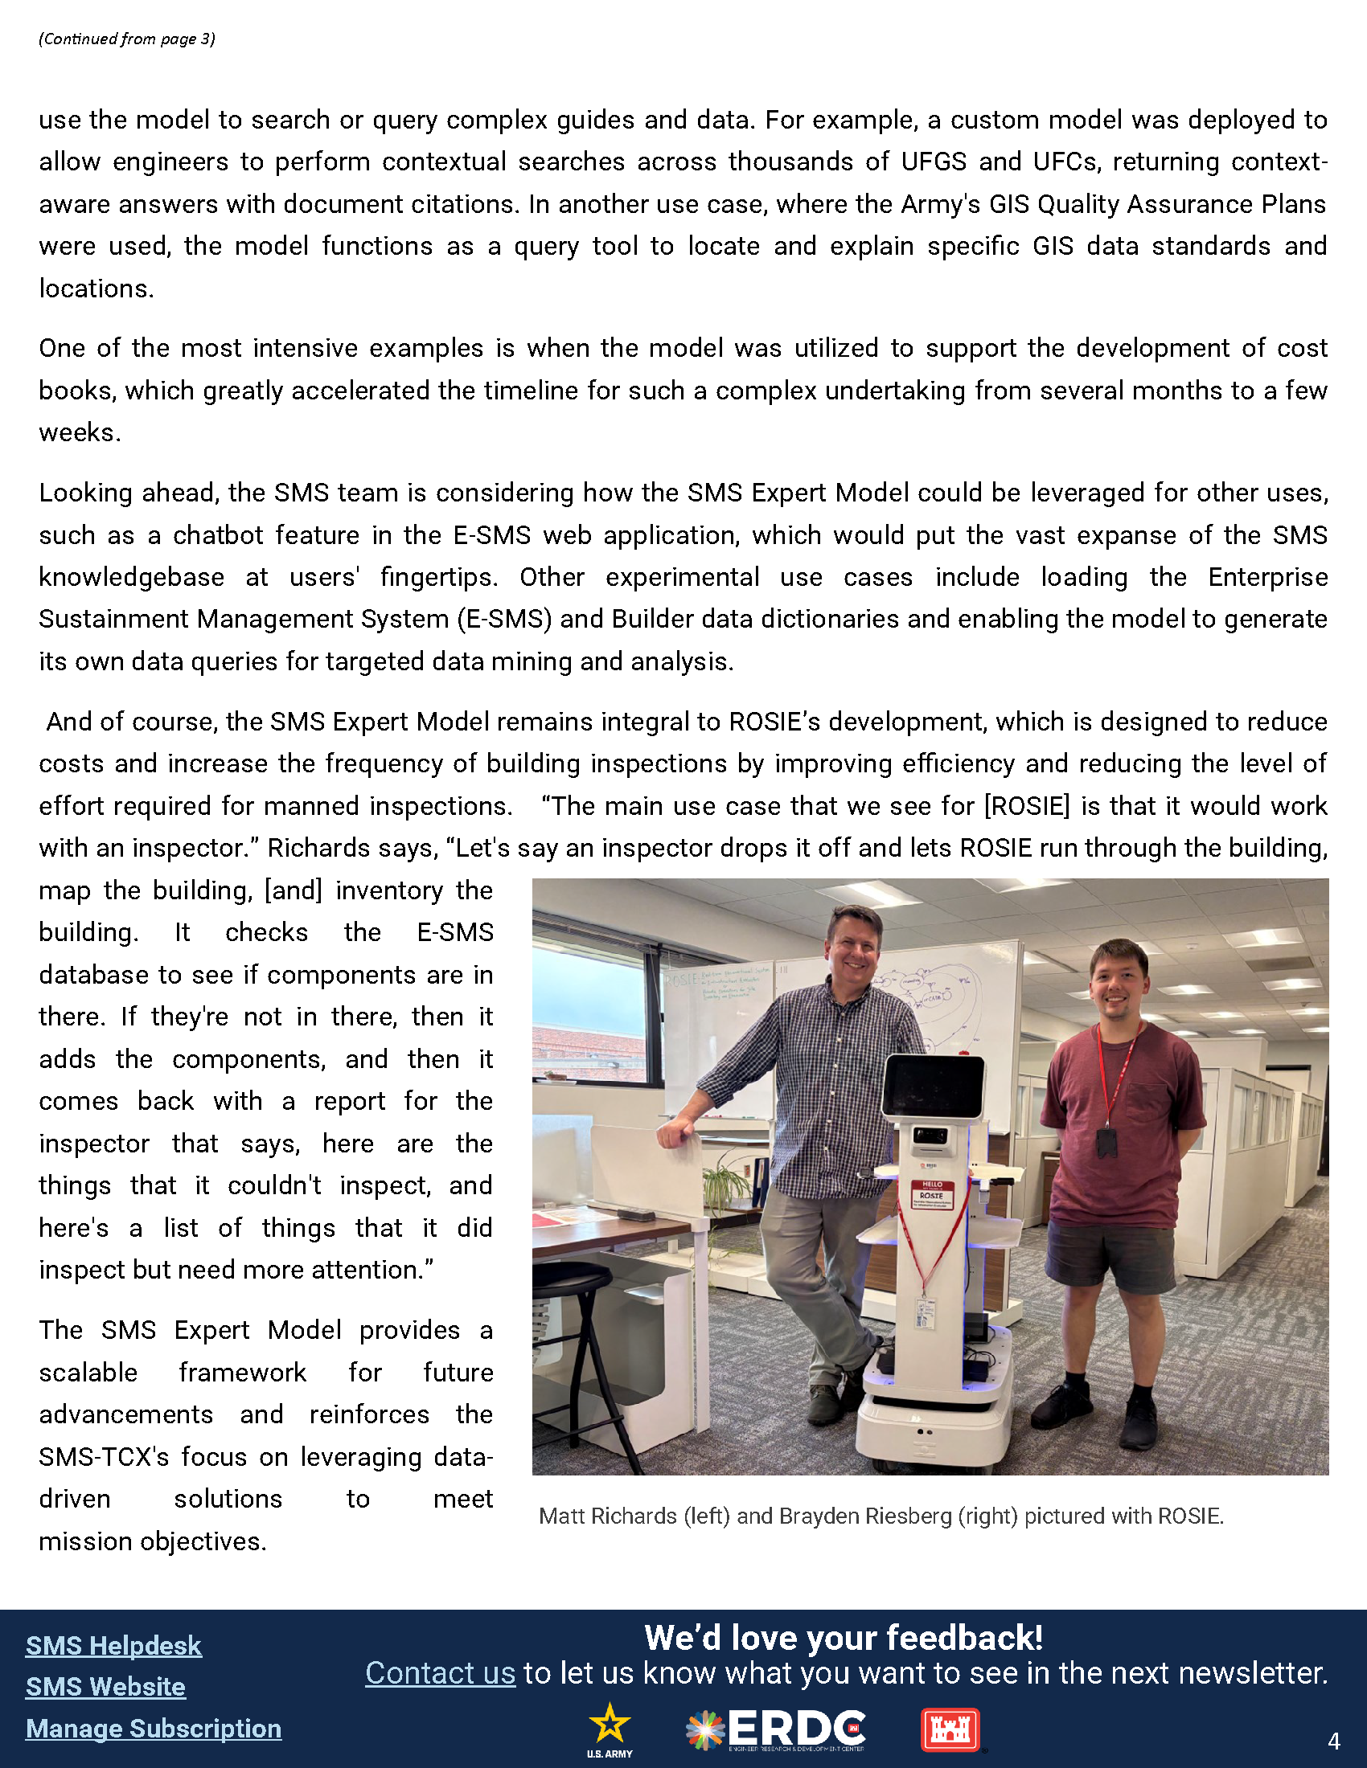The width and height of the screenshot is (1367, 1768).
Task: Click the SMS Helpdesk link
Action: click(113, 1646)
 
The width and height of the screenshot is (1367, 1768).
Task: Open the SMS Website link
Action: click(105, 1687)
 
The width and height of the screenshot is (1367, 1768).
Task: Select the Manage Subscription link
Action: click(153, 1729)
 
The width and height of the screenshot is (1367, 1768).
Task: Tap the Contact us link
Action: click(440, 1672)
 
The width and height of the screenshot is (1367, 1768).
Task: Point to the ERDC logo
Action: click(776, 1730)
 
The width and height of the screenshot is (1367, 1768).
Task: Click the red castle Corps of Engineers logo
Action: click(950, 1730)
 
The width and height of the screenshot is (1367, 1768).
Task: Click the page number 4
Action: click(1334, 1741)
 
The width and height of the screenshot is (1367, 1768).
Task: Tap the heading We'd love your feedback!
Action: click(843, 1638)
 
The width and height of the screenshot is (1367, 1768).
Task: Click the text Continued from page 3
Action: click(126, 39)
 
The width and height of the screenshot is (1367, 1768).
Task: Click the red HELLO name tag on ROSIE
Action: click(932, 1194)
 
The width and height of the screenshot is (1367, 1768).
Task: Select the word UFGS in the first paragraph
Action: click(934, 162)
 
